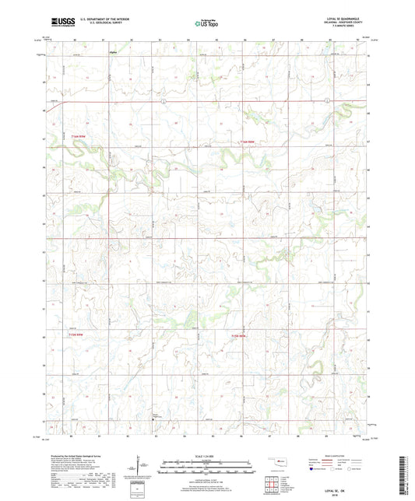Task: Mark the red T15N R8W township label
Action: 239,335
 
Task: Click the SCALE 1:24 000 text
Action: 206,455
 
